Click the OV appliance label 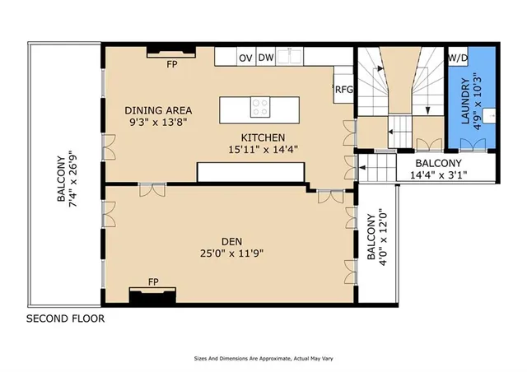coord(245,58)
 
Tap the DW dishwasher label coord(266,58)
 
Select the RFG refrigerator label coord(343,91)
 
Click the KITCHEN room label coord(263,137)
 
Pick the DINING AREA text coord(158,109)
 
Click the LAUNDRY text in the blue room coord(464,101)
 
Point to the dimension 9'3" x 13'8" coord(158,123)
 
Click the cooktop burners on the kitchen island coord(260,106)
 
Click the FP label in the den coord(153,282)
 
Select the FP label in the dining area coord(171,63)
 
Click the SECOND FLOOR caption coord(66,319)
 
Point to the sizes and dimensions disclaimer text coord(263,360)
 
